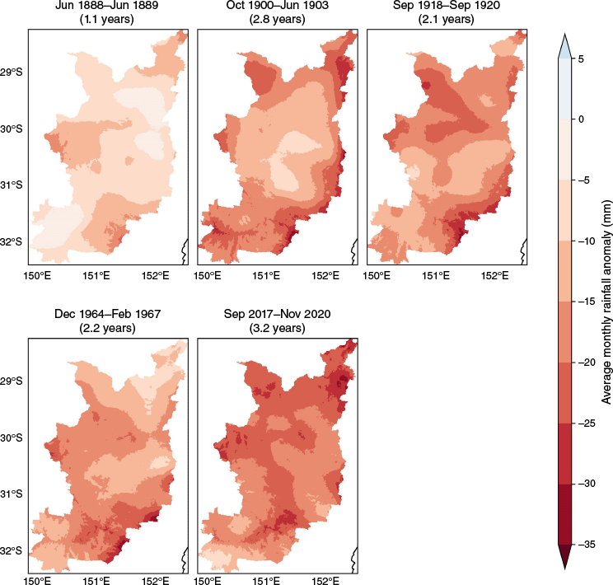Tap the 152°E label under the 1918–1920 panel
492,276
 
